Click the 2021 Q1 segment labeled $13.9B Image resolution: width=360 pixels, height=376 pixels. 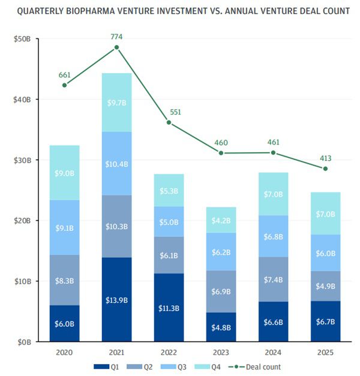pyautogui.click(x=116, y=299)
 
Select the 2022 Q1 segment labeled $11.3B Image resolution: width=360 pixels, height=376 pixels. pyautogui.click(x=169, y=308)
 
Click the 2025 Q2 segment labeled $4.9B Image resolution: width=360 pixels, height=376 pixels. pyautogui.click(x=325, y=285)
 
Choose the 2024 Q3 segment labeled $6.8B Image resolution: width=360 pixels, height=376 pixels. pyautogui.click(x=273, y=236)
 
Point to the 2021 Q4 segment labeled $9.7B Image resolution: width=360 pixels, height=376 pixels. pyautogui.click(x=116, y=103)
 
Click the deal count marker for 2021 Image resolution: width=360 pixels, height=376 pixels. pyautogui.click(x=116, y=47)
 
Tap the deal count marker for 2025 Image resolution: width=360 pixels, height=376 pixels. pyautogui.click(x=325, y=169)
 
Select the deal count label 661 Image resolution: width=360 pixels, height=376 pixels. pyautogui.click(x=64, y=75)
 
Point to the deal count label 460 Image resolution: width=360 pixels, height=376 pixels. pyautogui.click(x=221, y=143)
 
